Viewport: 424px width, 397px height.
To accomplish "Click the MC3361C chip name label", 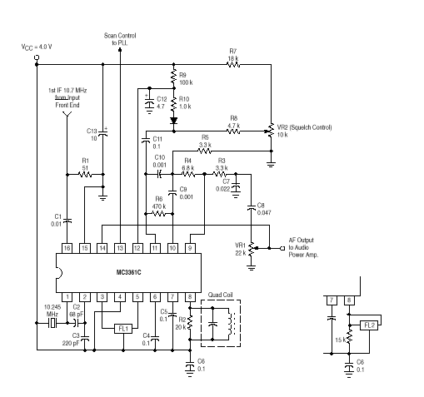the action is click(x=128, y=272).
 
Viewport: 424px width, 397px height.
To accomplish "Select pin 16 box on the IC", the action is click(x=67, y=248).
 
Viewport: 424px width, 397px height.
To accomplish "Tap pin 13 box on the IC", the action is click(x=120, y=248).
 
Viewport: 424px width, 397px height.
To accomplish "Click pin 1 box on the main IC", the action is click(x=67, y=297).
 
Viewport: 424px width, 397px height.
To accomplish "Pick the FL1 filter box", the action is click(x=123, y=329).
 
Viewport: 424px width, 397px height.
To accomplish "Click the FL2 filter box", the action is click(x=369, y=325).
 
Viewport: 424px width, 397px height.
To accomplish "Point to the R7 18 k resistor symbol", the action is click(x=233, y=65).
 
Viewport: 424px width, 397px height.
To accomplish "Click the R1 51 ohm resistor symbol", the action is click(x=85, y=175).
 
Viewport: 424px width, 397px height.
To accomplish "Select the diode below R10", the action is click(x=174, y=121).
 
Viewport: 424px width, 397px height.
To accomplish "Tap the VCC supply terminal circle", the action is click(x=37, y=57).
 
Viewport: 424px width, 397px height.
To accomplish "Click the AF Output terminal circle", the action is click(x=282, y=248).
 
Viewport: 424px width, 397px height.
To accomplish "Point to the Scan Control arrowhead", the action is click(x=120, y=49).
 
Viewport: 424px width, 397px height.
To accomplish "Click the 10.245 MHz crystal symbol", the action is click(x=52, y=323).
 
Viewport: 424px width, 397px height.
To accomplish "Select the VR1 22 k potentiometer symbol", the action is click(x=252, y=249).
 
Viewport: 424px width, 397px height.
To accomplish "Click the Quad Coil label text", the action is click(x=220, y=295).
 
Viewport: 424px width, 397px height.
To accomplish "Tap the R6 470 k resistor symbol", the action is click(x=159, y=214).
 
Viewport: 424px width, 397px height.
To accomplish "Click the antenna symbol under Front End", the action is click(x=67, y=114).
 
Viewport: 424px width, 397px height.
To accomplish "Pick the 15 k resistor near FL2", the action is click(x=349, y=336).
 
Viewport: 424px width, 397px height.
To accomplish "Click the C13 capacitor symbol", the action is click(x=103, y=133).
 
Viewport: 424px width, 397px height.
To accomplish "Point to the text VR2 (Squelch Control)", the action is click(x=304, y=127).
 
